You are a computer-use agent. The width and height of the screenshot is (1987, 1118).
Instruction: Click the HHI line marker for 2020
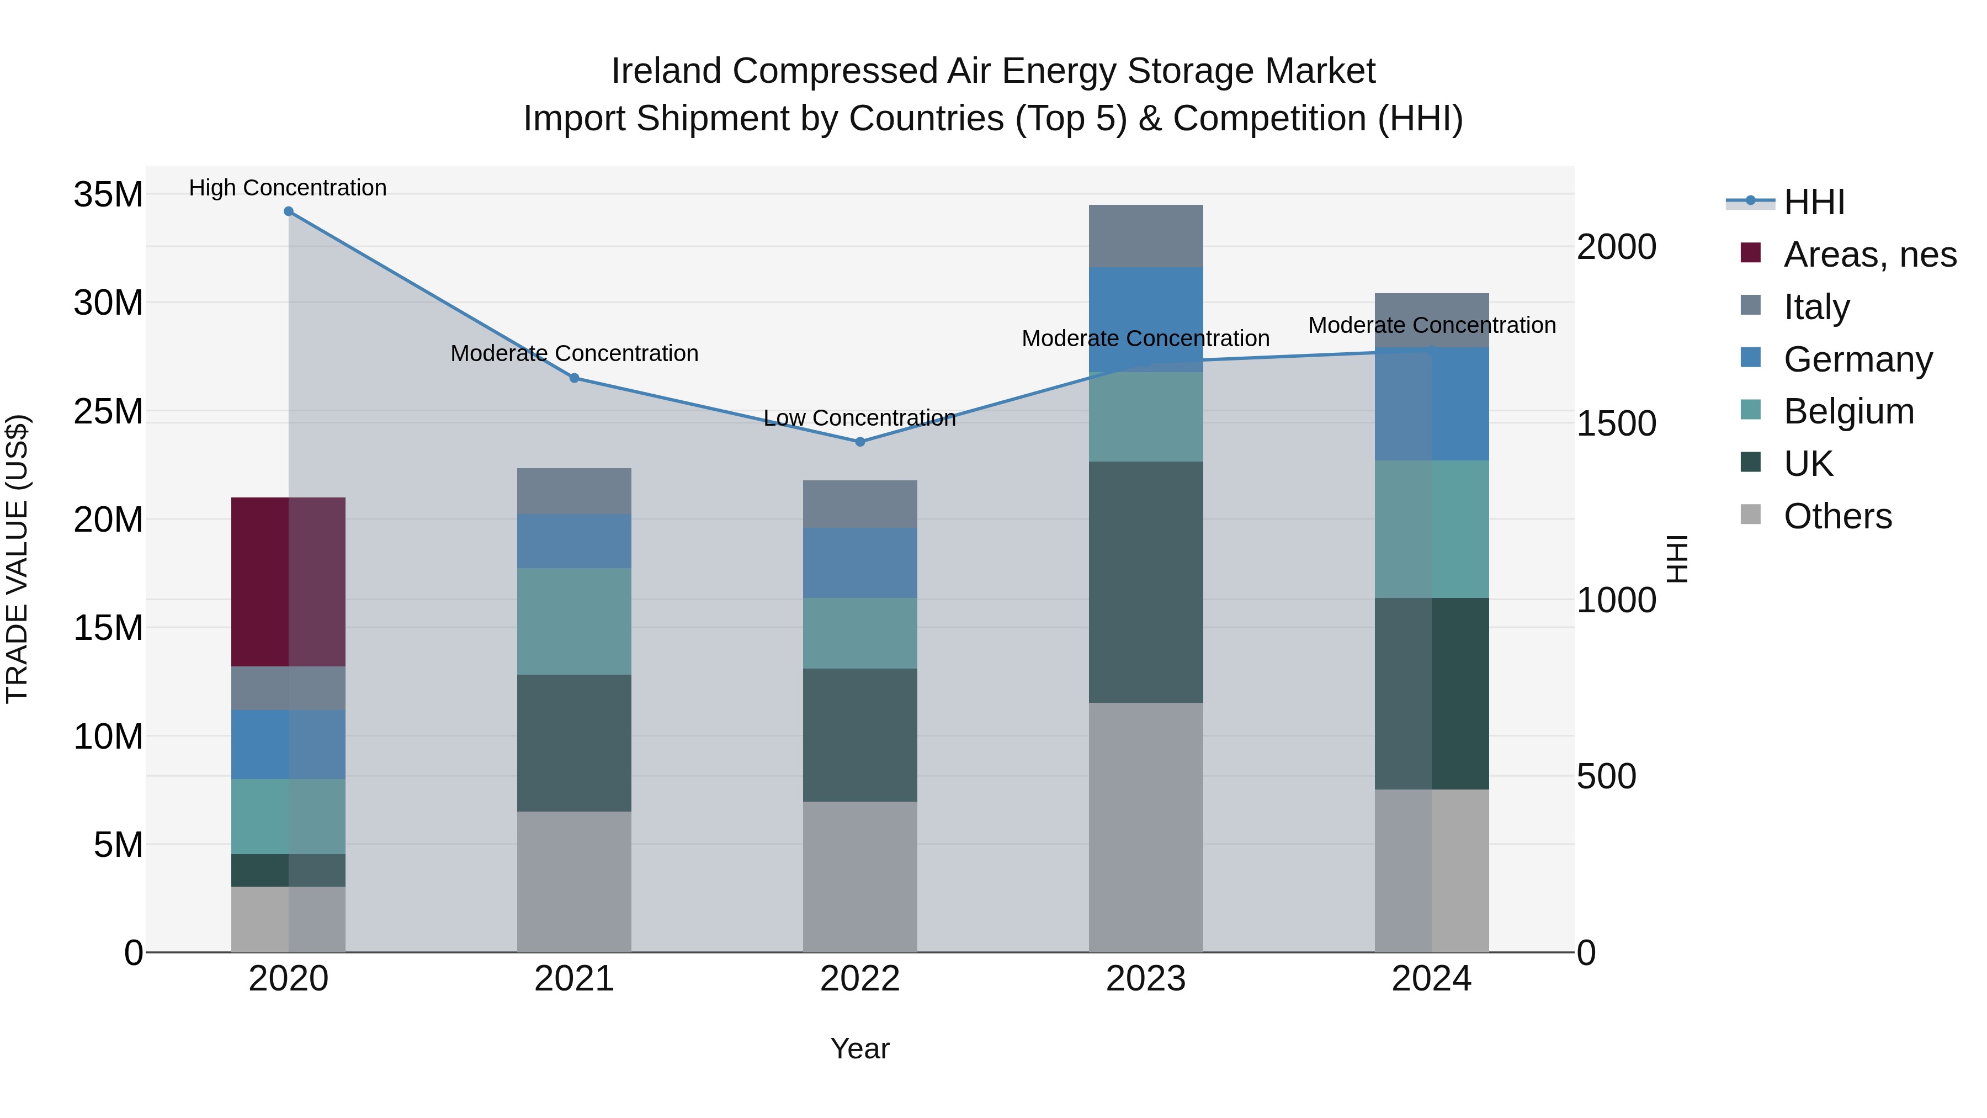pos(289,211)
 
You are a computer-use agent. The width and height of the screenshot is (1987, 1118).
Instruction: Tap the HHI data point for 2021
pos(574,378)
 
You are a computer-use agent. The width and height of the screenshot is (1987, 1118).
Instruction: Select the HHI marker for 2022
pos(860,442)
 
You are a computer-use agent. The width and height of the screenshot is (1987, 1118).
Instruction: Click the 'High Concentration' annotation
pos(288,188)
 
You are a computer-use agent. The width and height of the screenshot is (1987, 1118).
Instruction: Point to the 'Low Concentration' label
pos(859,418)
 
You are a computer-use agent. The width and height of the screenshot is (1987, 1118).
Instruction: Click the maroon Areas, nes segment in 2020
pos(289,582)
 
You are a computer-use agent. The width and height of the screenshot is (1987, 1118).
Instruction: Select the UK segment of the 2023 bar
pos(1145,582)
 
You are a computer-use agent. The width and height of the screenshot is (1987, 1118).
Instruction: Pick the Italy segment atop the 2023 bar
pos(1145,236)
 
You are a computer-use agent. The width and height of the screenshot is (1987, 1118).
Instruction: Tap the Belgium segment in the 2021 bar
pos(574,621)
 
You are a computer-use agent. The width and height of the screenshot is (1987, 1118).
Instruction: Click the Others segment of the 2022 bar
pos(860,877)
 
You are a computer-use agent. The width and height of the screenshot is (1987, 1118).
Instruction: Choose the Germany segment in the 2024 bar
pos(1432,404)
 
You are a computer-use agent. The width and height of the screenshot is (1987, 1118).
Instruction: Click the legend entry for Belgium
pos(1848,411)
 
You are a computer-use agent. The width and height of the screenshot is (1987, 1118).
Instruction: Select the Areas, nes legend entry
pos(1869,255)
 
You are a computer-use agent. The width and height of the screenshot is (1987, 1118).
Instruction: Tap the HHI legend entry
pos(1813,202)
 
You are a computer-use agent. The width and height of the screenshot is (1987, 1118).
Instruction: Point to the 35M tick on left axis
pos(108,194)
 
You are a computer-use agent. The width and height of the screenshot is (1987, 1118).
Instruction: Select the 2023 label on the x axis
pos(1145,979)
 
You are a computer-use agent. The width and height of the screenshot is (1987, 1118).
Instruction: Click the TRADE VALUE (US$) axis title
pos(17,559)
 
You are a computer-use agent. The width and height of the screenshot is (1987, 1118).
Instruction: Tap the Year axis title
pos(860,1048)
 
